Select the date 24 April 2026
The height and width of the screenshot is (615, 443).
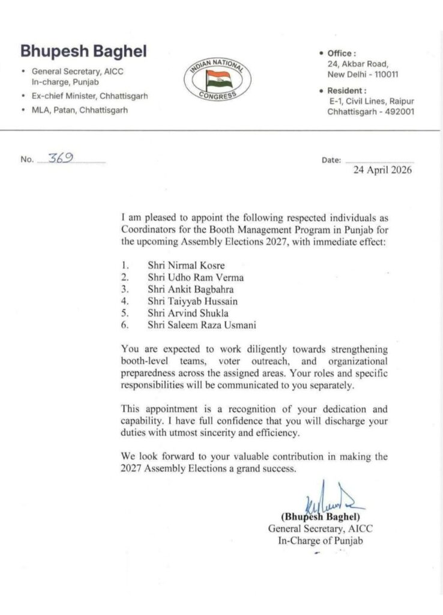click(x=382, y=170)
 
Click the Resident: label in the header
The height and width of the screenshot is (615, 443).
click(x=346, y=91)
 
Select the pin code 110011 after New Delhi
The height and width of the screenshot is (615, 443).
click(x=384, y=74)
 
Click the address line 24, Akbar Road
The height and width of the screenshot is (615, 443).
click(x=358, y=64)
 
